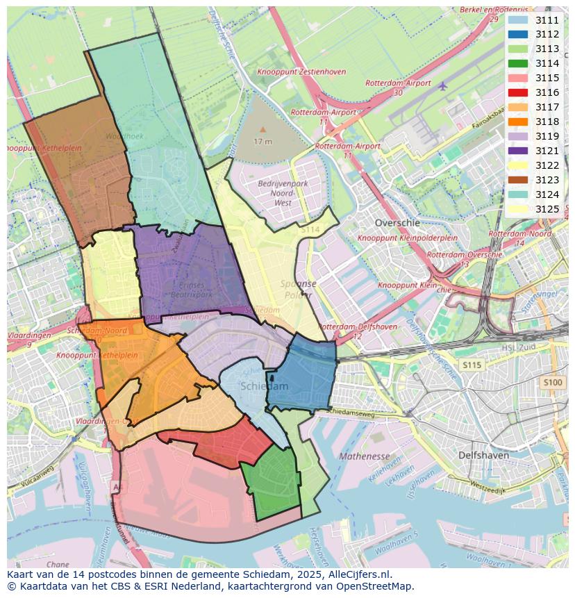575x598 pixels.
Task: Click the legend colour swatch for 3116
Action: pyautogui.click(x=517, y=92)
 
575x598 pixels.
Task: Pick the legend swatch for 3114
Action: pyautogui.click(x=517, y=63)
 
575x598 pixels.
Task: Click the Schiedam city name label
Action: pyautogui.click(x=264, y=386)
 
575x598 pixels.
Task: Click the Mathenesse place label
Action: pyautogui.click(x=364, y=456)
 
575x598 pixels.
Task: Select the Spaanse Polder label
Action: pyautogui.click(x=298, y=289)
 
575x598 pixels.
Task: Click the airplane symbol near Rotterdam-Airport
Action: pyautogui.click(x=443, y=85)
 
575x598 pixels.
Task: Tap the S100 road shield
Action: pyautogui.click(x=553, y=383)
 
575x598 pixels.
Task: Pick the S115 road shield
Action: pyautogui.click(x=472, y=365)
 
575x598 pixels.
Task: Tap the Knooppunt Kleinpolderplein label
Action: pyautogui.click(x=407, y=238)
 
